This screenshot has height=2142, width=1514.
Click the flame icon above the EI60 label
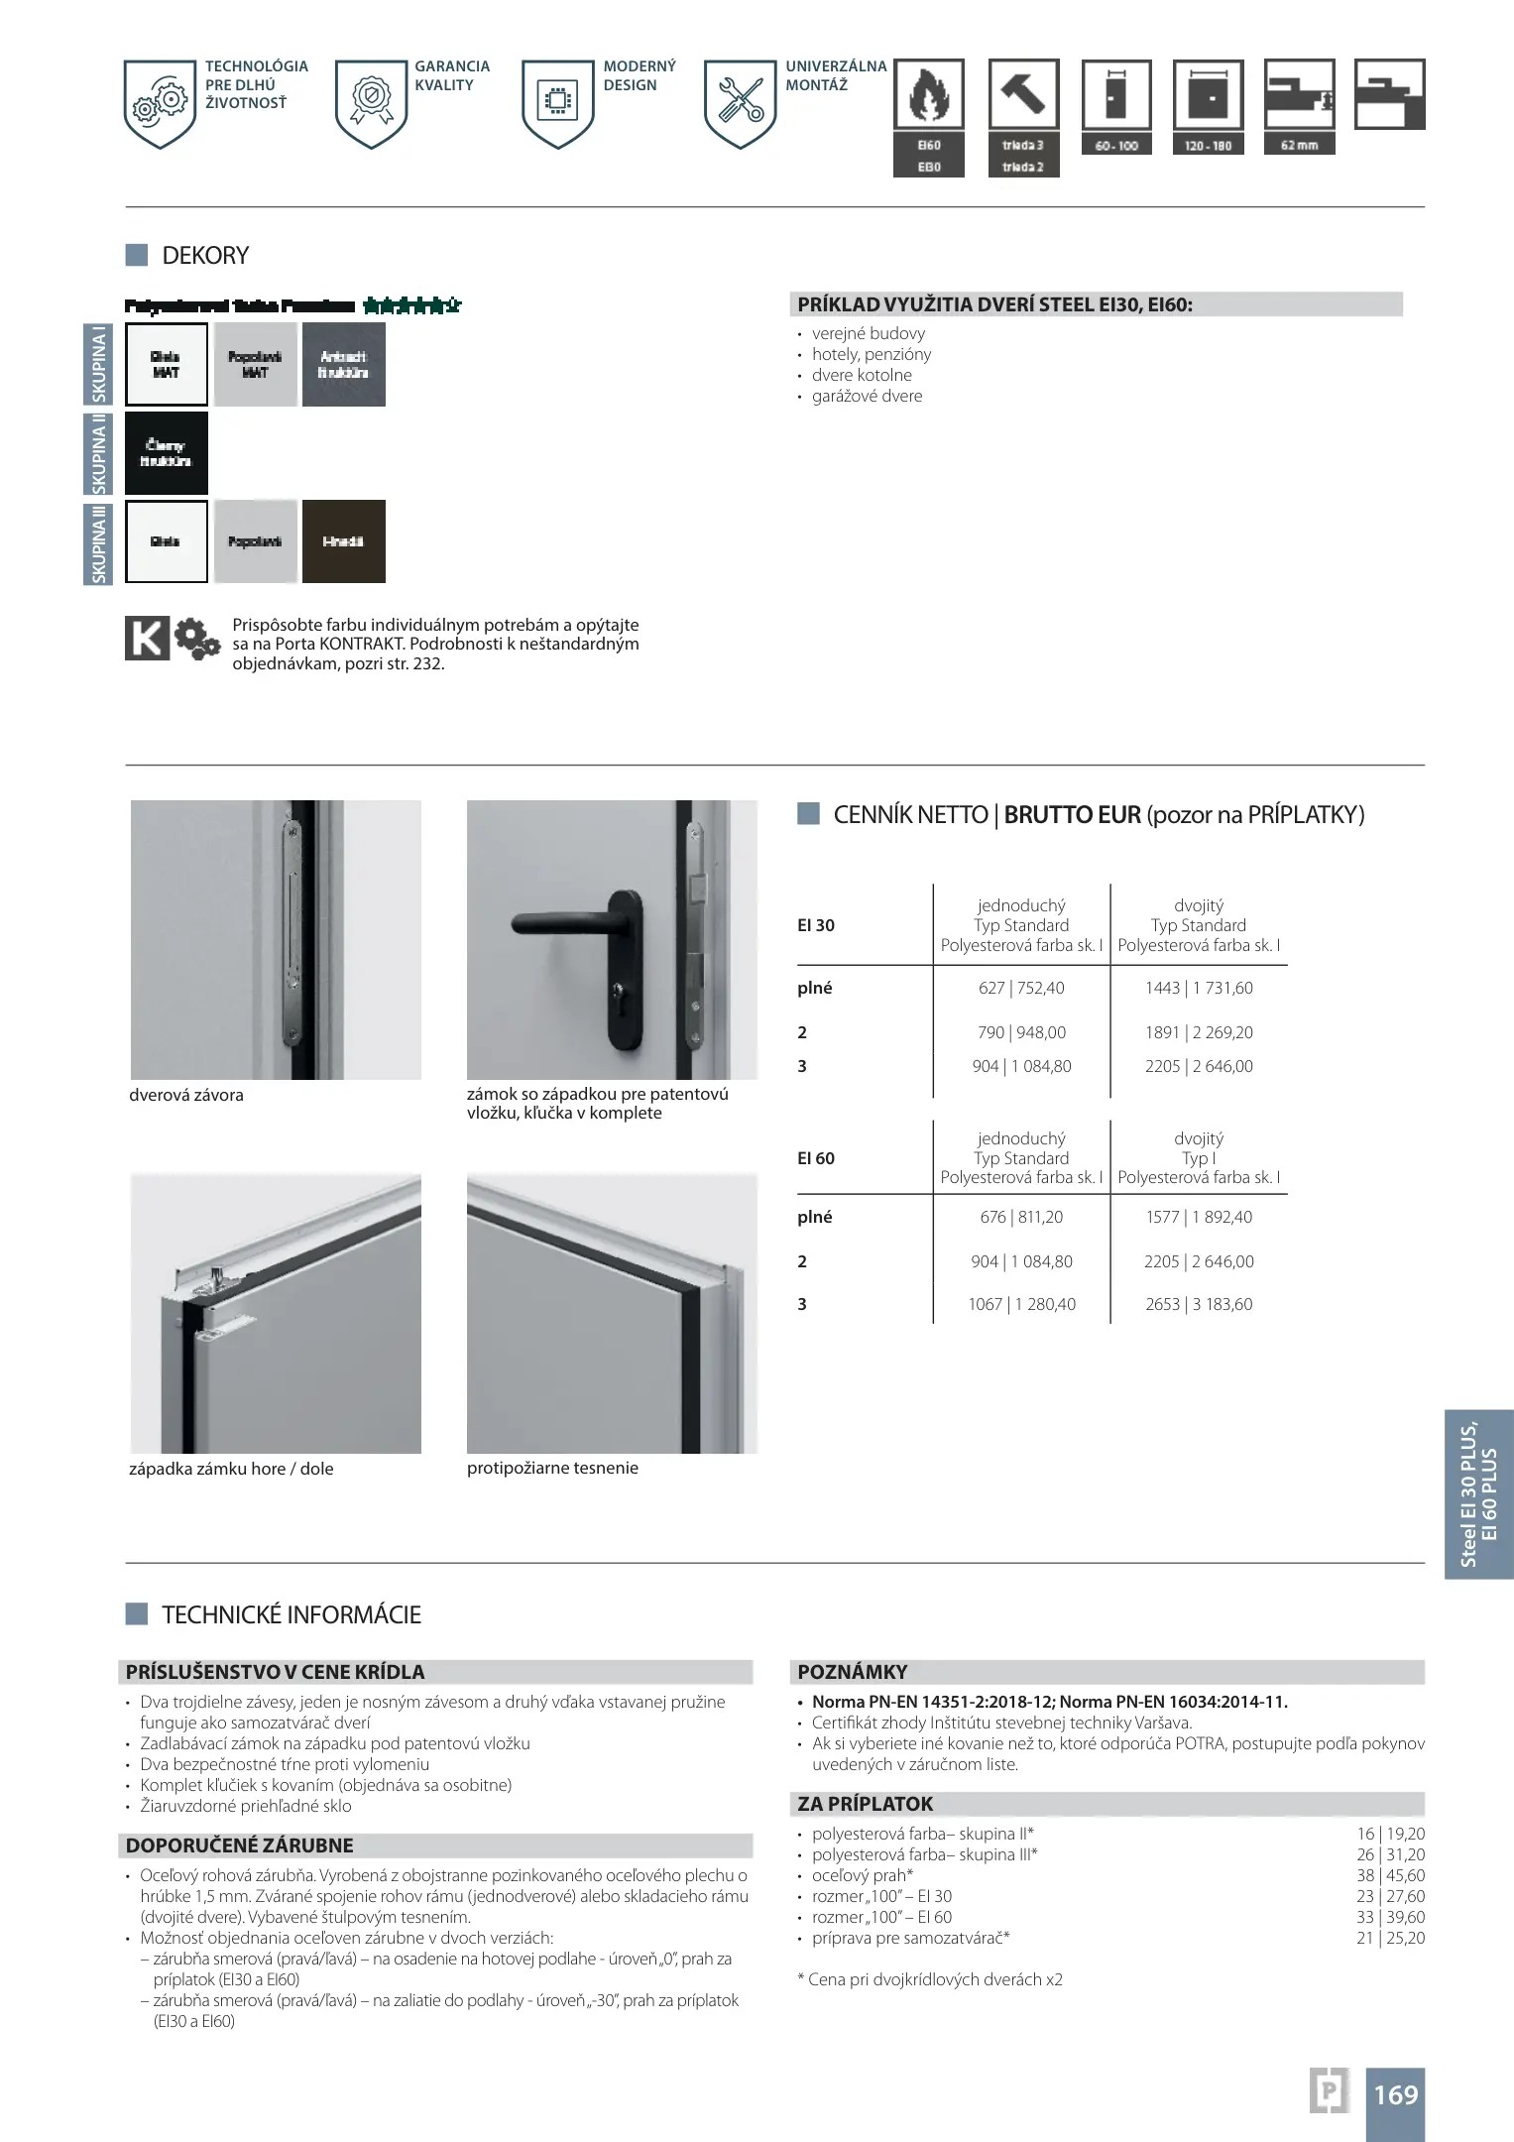[x=928, y=93]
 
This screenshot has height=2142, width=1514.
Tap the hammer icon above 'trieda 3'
[x=1023, y=93]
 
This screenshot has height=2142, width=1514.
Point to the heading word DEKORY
[x=205, y=256]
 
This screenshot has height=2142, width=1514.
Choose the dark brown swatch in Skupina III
[x=343, y=541]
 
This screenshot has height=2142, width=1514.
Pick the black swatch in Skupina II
[x=167, y=453]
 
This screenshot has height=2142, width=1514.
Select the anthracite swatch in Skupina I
[x=343, y=365]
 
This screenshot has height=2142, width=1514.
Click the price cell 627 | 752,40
[x=1021, y=988]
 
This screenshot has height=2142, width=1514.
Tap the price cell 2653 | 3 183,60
[x=1199, y=1304]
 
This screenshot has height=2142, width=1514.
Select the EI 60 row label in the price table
[x=816, y=1158]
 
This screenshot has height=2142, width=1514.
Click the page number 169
[x=1395, y=2094]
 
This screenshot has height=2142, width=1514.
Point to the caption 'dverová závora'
[x=186, y=1095]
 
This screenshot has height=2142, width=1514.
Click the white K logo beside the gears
[x=147, y=638]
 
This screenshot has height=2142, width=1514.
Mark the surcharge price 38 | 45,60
[x=1390, y=1875]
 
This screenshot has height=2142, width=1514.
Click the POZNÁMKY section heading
[x=853, y=1672]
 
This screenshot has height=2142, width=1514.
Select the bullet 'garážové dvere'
[x=867, y=396]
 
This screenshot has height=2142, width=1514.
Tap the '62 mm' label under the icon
[x=1299, y=145]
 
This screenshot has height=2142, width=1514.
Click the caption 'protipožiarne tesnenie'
[x=552, y=1468]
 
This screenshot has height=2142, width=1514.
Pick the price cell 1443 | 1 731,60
[x=1199, y=988]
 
